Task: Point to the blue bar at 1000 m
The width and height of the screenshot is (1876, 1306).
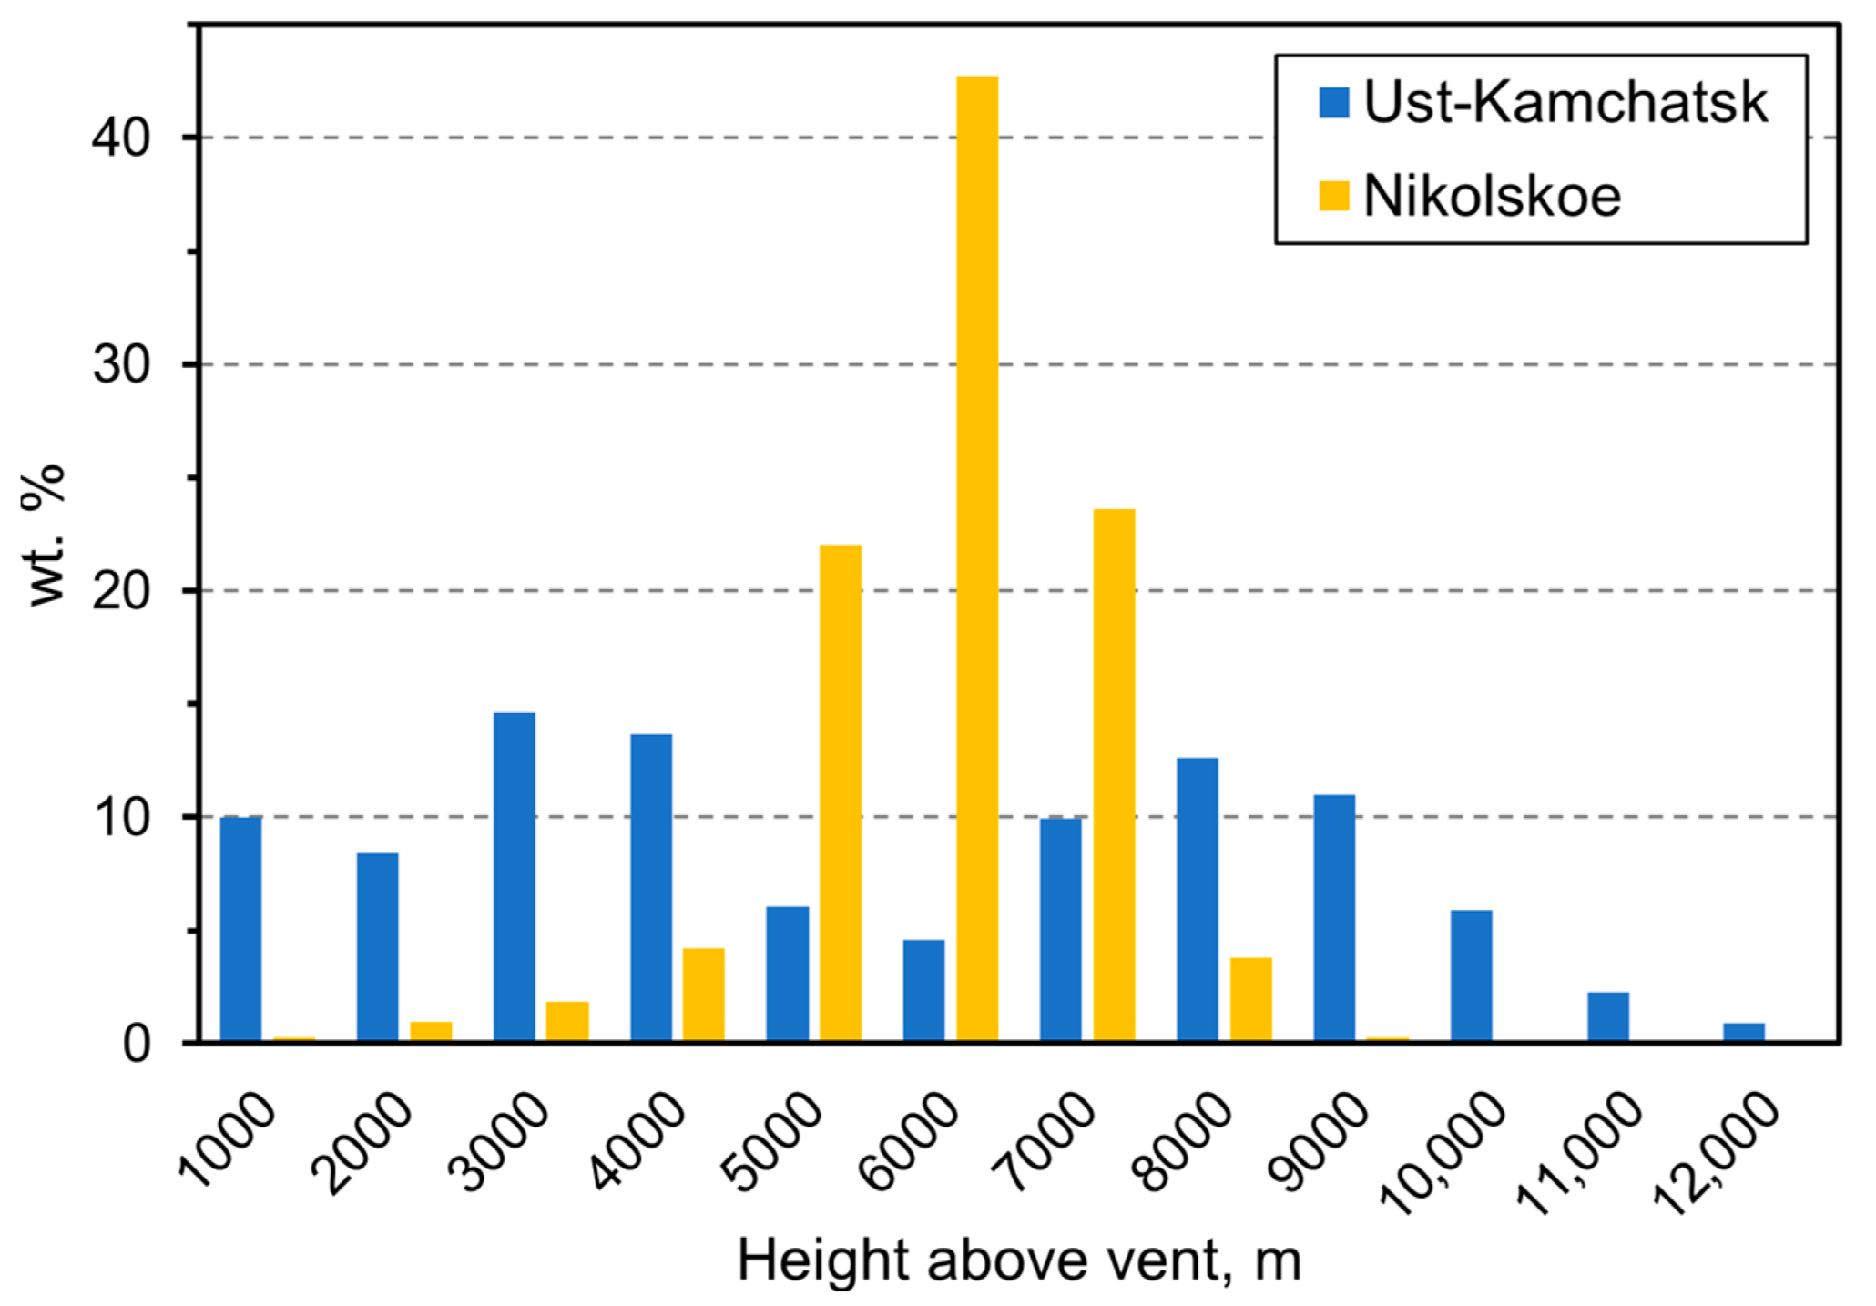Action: [x=240, y=929]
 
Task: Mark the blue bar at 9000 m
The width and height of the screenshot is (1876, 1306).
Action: [x=1334, y=917]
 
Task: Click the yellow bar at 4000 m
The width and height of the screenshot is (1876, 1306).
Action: [x=704, y=995]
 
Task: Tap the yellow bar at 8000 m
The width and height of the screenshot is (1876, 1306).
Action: [x=1250, y=999]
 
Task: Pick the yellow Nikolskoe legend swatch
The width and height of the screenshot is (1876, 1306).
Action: [x=1333, y=196]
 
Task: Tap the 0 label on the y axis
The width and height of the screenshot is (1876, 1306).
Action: [x=136, y=1044]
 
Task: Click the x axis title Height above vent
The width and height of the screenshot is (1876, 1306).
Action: [x=1018, y=1260]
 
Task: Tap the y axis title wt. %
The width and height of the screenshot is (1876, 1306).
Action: [x=46, y=536]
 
